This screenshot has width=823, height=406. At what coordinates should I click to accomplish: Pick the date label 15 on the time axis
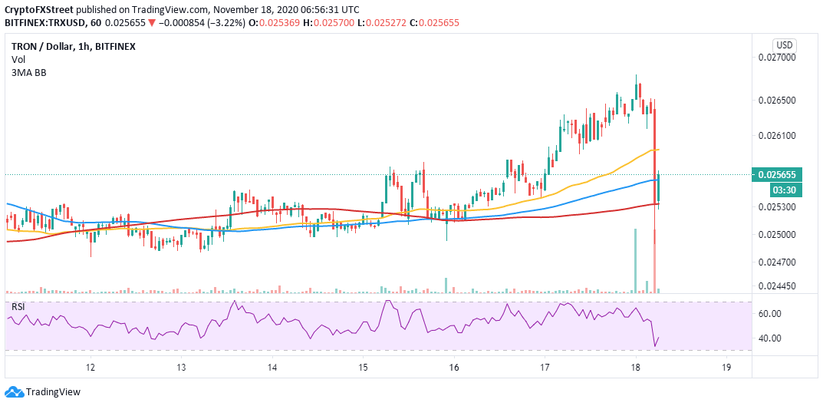[x=363, y=368]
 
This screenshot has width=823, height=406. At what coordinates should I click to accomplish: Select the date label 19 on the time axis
[x=726, y=368]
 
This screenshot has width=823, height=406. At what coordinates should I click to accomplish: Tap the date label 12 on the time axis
[x=91, y=368]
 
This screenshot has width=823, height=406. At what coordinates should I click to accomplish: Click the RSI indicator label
[x=18, y=307]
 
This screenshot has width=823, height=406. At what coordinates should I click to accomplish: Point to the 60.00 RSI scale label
[x=769, y=314]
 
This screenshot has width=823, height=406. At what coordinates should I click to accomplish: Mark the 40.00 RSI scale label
[x=769, y=338]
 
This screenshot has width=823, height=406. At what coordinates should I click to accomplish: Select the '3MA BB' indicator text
[x=28, y=72]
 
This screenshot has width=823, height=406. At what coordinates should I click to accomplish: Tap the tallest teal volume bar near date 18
[x=636, y=260]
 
